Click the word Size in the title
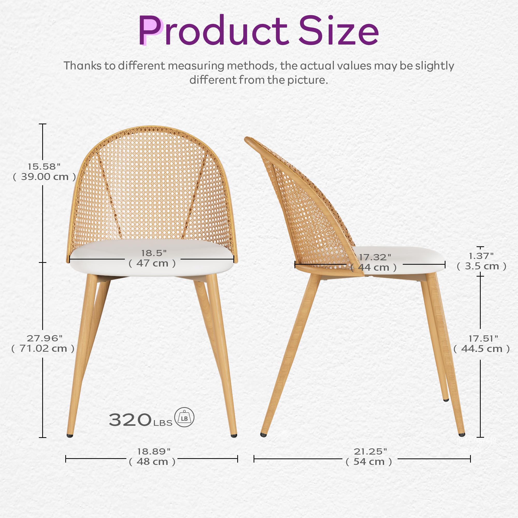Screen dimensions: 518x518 pyautogui.click(x=338, y=31)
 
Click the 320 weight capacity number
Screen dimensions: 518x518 pyautogui.click(x=130, y=420)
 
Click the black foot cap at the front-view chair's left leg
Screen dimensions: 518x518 pyautogui.click(x=70, y=436)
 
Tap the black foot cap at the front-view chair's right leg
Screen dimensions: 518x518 pyautogui.click(x=234, y=436)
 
